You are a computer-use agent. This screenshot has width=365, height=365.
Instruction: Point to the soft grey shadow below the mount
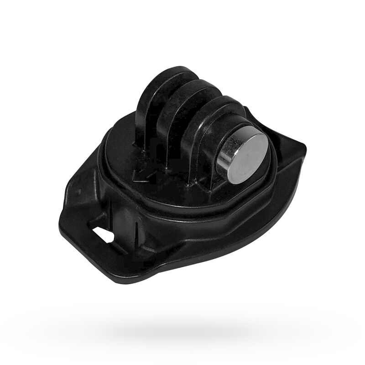tap(192, 326)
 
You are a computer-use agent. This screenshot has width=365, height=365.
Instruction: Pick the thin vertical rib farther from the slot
tap(137, 228)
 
